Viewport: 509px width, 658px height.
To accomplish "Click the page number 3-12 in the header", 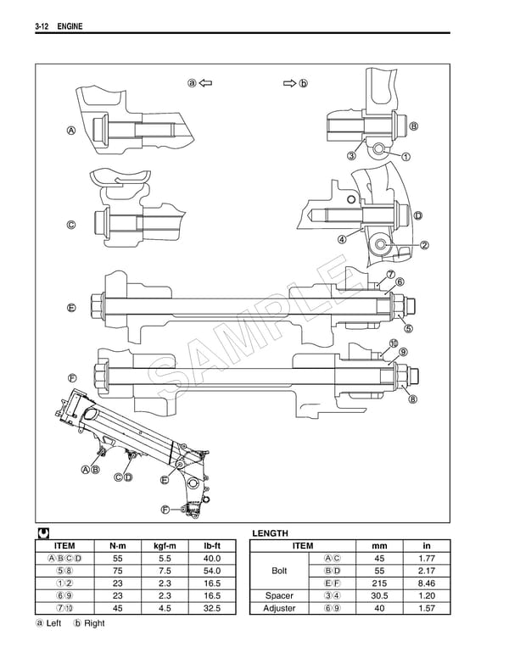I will (x=43, y=29).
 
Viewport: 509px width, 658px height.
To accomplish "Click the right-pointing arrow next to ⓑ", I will (x=288, y=83).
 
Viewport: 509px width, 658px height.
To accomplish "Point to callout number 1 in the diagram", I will (x=406, y=157).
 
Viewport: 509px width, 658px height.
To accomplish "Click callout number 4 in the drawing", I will (x=342, y=239).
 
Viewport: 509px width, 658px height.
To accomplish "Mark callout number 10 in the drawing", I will (x=394, y=343).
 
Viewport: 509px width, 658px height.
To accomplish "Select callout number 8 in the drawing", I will (x=413, y=399).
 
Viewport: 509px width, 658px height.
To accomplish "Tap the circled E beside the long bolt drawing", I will (x=71, y=307).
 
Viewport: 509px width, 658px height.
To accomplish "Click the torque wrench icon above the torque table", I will (x=43, y=533).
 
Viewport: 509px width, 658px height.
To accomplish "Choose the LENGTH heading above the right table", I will (x=271, y=533).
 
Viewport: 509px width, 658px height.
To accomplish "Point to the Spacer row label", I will (x=279, y=597).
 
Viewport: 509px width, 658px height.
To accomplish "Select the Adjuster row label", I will (x=279, y=610).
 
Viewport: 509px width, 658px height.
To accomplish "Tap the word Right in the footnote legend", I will (x=94, y=624).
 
